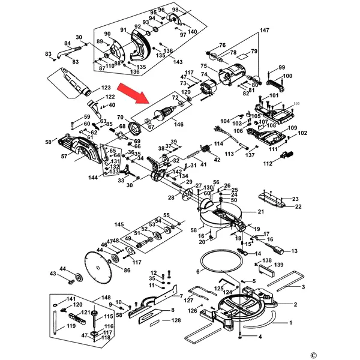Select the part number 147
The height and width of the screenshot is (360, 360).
point(265,30)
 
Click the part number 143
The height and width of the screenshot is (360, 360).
point(178,62)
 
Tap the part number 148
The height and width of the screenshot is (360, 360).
point(106,298)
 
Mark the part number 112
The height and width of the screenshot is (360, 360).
point(268,163)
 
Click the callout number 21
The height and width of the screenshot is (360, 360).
point(260,212)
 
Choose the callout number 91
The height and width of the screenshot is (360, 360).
point(123,31)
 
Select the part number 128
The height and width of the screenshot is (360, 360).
point(175,321)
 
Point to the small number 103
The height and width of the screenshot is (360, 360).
point(295,104)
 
